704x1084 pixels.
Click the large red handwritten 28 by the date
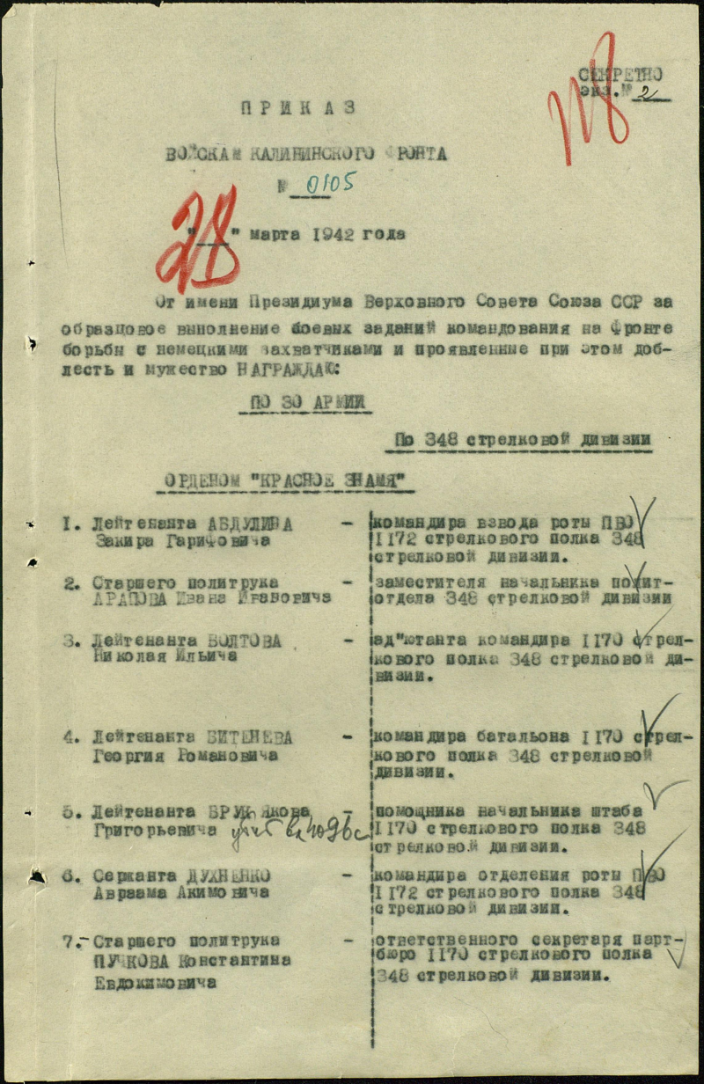[x=199, y=239]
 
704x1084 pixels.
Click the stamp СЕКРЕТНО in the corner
[x=620, y=76]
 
